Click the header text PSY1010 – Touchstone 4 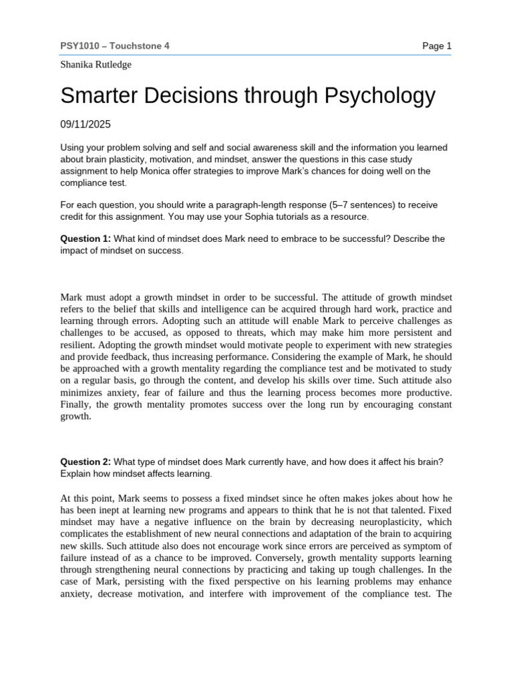(x=115, y=45)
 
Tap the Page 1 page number (x=437, y=45)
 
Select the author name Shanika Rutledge (x=96, y=65)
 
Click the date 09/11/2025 (x=85, y=124)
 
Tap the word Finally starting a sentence (x=77, y=405)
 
